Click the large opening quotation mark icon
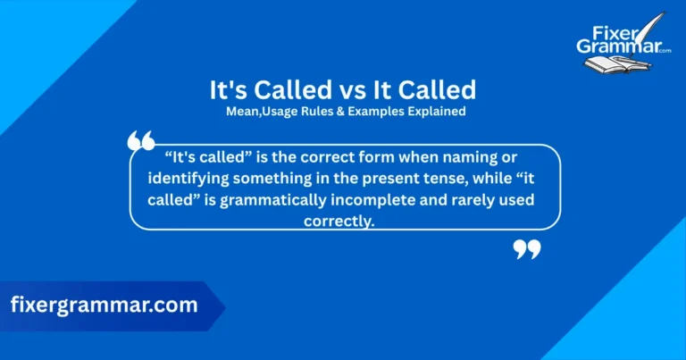[x=141, y=141]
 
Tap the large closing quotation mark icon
[x=527, y=249]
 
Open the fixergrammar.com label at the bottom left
[x=104, y=306]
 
